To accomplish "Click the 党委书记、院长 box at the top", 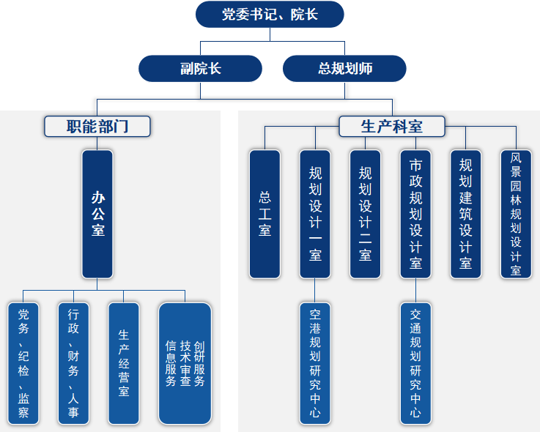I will coord(269,15).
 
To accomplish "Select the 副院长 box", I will coord(200,69).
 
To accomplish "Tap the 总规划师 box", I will coord(344,69).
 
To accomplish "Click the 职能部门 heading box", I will coord(97,127).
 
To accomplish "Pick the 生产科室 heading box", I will coord(392,127).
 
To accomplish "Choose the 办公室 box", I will coord(97,214).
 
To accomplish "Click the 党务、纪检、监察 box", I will coord(23,363).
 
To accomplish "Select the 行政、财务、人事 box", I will coord(73,363).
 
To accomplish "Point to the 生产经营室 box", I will coord(124,363).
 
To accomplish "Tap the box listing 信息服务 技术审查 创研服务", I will coord(185,363).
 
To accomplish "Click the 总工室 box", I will coord(265,214).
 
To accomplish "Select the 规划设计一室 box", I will coord(315,214).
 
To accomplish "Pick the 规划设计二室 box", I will coord(365,214).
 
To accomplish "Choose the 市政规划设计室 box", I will coord(415,214).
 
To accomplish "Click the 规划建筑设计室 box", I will coord(465,214).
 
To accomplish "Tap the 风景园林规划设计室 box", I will coord(516,214).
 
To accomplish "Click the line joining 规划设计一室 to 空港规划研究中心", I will coord(315,290).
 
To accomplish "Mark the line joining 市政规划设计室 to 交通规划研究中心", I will coord(415,290).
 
